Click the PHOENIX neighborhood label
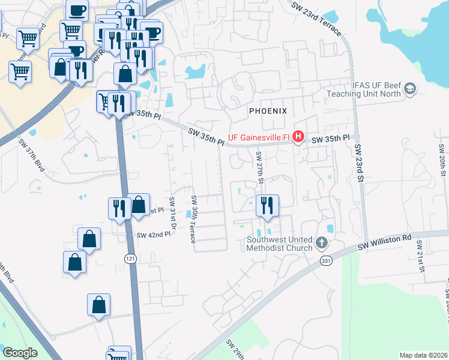pos(268,111)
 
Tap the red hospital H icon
pos(298,137)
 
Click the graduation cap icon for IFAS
pos(410,89)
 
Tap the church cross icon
pos(322,243)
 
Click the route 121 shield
pos(130,258)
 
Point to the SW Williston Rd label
pos(384,241)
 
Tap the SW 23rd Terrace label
pos(318,17)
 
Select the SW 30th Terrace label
pos(193,219)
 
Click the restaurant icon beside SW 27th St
pos(267,206)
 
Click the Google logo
pos(20,353)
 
